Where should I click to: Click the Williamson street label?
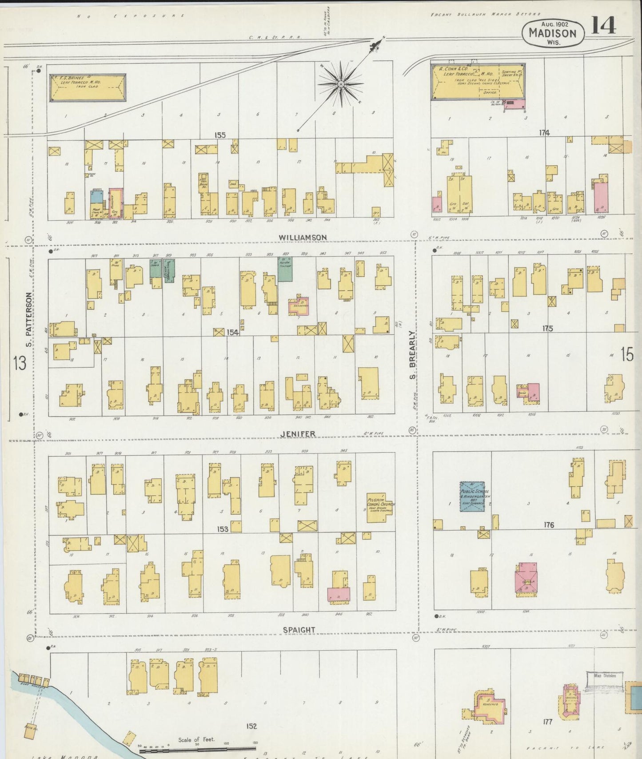coord(303,238)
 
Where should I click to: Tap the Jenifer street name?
coord(298,434)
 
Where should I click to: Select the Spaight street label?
coord(299,630)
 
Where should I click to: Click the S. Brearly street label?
coord(412,355)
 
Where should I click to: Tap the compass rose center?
coord(340,84)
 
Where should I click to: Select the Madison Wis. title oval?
coord(552,33)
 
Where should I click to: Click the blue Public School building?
coord(472,496)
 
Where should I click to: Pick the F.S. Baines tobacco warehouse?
coord(88,87)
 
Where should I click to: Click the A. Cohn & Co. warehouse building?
coord(478,81)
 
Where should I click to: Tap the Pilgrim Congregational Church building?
coord(380,505)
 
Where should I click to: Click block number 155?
coord(220,135)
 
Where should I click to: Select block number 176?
coord(549,525)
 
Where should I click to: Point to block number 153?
coord(223,529)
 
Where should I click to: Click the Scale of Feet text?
coord(196,739)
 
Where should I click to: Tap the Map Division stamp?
coord(605,676)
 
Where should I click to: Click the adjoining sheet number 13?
coord(20,363)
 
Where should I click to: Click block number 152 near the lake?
coord(251,726)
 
